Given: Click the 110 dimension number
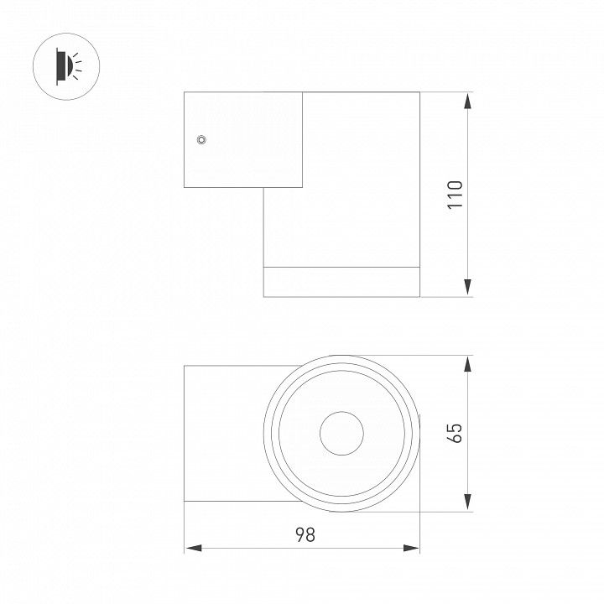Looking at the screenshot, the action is tap(455, 195).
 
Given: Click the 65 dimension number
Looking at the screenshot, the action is tap(455, 433).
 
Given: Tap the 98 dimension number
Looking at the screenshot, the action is tap(305, 534).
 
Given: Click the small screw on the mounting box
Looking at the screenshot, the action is tap(201, 139).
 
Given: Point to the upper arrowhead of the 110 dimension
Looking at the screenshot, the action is tap(467, 102).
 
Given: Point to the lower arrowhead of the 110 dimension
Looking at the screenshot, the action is tap(467, 288).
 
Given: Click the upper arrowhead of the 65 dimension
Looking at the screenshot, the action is tap(467, 364).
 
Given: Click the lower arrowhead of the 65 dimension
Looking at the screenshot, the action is tap(467, 502).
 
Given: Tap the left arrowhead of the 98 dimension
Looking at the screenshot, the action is tap(194, 548).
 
